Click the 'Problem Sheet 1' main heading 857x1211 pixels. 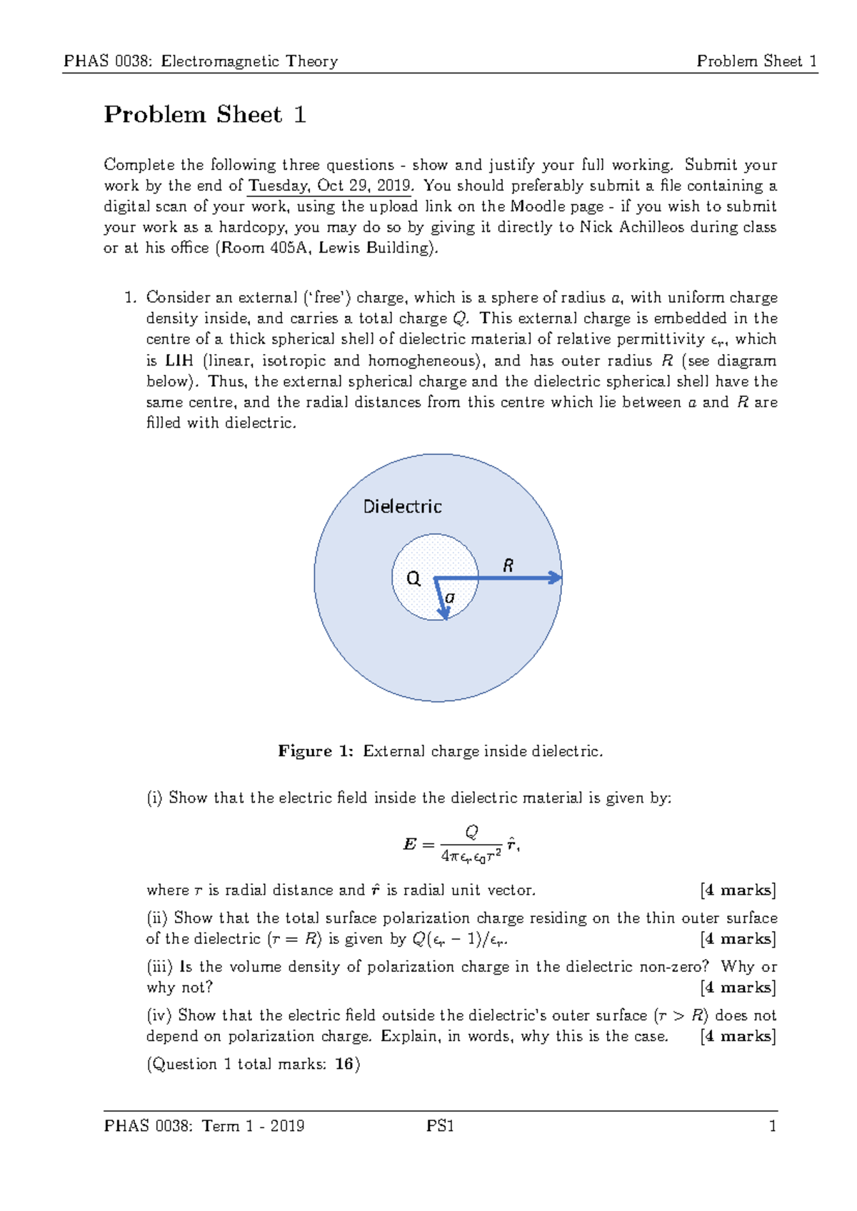click(x=205, y=115)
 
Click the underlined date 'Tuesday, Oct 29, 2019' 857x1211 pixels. click(x=329, y=186)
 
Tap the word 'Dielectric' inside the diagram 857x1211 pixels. click(x=402, y=507)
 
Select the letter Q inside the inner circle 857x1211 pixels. click(x=414, y=578)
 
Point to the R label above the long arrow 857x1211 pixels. click(x=508, y=566)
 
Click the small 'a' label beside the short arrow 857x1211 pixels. click(x=450, y=597)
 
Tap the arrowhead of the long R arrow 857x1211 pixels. click(x=556, y=578)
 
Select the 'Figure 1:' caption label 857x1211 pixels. click(x=315, y=751)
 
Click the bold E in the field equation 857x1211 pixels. click(x=409, y=845)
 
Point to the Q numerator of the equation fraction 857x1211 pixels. click(x=471, y=832)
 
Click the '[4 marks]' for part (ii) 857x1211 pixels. click(x=738, y=939)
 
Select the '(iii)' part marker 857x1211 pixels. click(x=159, y=967)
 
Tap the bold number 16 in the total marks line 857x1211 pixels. click(x=344, y=1064)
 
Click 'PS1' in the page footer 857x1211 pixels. click(x=440, y=1126)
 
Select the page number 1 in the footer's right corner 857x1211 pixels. click(x=772, y=1126)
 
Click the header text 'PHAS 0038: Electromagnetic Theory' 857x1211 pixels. click(x=201, y=61)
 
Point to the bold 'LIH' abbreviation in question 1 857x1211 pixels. click(x=179, y=361)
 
